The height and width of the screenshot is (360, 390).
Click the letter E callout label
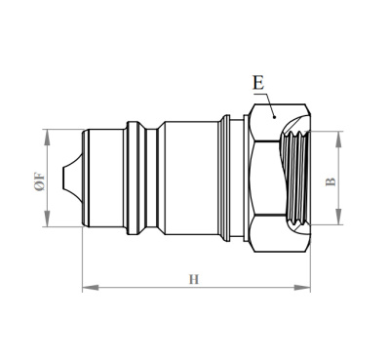[x=257, y=83]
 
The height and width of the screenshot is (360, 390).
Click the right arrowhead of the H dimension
[x=305, y=288]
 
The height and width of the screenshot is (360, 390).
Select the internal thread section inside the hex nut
[x=295, y=179]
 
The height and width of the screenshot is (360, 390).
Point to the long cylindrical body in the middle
[x=190, y=179]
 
